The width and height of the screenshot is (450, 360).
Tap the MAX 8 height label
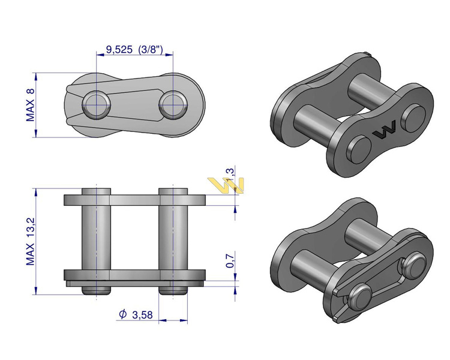pyautogui.click(x=31, y=105)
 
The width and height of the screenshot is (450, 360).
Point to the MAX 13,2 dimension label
pyautogui.click(x=31, y=241)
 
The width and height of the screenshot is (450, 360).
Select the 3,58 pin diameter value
pyautogui.click(x=146, y=314)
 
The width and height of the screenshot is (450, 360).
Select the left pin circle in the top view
pyautogui.click(x=96, y=105)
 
